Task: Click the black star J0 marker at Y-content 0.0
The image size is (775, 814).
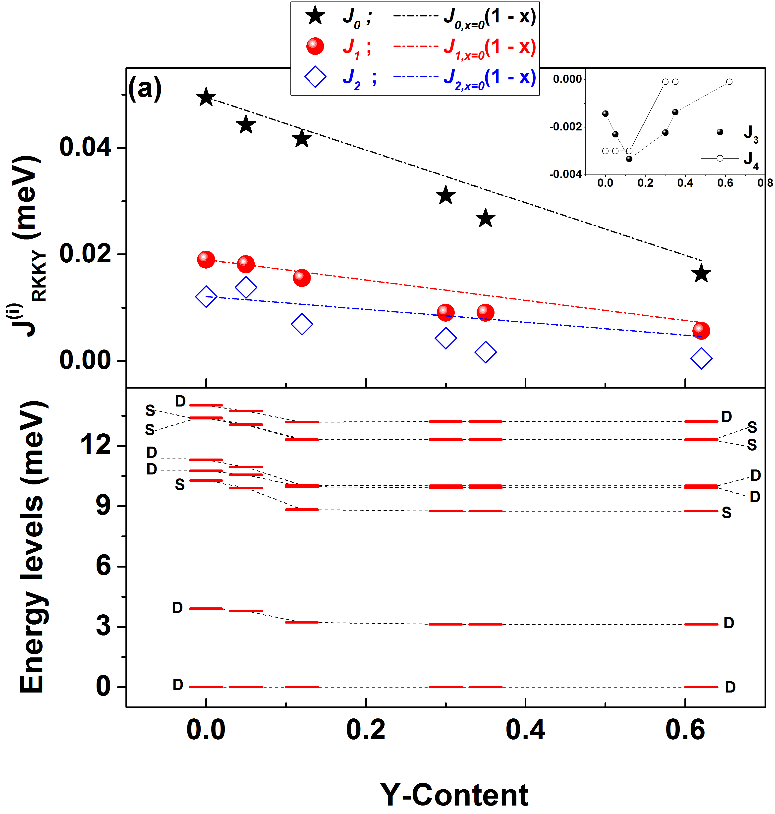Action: coord(206,98)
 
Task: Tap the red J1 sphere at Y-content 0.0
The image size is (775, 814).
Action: coord(206,259)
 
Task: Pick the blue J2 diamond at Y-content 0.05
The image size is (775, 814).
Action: coord(246,287)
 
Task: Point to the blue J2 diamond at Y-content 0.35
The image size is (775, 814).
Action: coord(485,352)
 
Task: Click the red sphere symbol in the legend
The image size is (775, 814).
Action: coord(315,46)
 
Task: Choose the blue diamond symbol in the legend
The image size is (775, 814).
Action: coord(315,77)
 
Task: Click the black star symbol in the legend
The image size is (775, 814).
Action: coord(315,16)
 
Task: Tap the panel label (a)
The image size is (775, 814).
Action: coord(145,88)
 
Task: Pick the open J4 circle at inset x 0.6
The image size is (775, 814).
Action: coord(729,82)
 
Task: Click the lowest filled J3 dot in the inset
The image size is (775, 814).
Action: coord(629,159)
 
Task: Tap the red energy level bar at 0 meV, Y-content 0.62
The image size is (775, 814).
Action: coord(701,687)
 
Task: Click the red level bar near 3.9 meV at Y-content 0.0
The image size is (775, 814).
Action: coord(206,609)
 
